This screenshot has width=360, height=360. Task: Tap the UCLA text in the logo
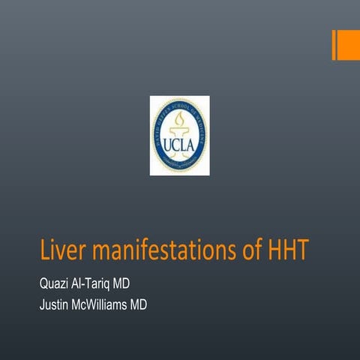[179, 143]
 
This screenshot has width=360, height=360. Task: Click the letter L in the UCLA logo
[184, 143]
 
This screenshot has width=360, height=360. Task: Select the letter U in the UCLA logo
[168, 143]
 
